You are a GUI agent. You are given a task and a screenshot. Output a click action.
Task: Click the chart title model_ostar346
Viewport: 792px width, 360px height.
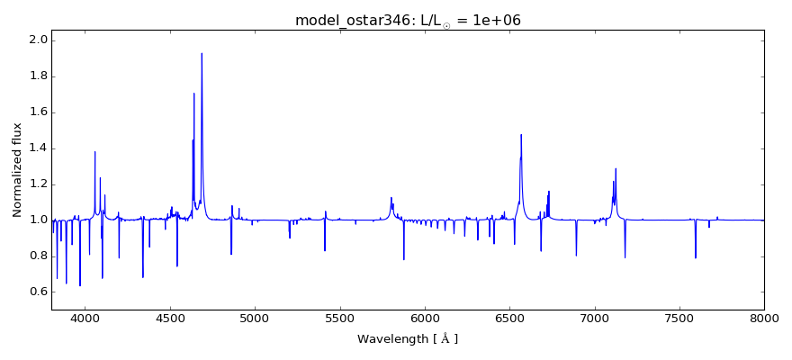coord(408,20)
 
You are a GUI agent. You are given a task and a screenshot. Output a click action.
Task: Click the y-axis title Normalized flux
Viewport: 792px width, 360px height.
coord(17,170)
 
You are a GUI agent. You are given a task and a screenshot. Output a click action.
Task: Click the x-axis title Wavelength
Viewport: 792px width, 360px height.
coord(408,339)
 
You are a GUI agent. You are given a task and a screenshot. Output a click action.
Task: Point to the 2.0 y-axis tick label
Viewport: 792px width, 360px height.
coord(37,40)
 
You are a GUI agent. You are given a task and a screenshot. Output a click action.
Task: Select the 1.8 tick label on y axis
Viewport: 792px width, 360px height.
coord(37,76)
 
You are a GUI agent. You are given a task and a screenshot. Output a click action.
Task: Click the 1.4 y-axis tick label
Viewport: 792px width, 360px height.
coord(37,148)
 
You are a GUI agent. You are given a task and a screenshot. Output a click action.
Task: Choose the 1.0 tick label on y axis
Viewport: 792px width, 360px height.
coord(37,220)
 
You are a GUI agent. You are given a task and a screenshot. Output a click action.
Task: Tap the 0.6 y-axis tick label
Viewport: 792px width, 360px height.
coord(37,292)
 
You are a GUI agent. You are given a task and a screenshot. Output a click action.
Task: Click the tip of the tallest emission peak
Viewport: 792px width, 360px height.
coord(202,53)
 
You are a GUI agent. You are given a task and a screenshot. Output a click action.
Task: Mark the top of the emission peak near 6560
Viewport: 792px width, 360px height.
coord(521,134)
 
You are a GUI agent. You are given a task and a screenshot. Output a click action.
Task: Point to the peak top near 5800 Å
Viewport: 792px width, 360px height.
coord(391,197)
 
